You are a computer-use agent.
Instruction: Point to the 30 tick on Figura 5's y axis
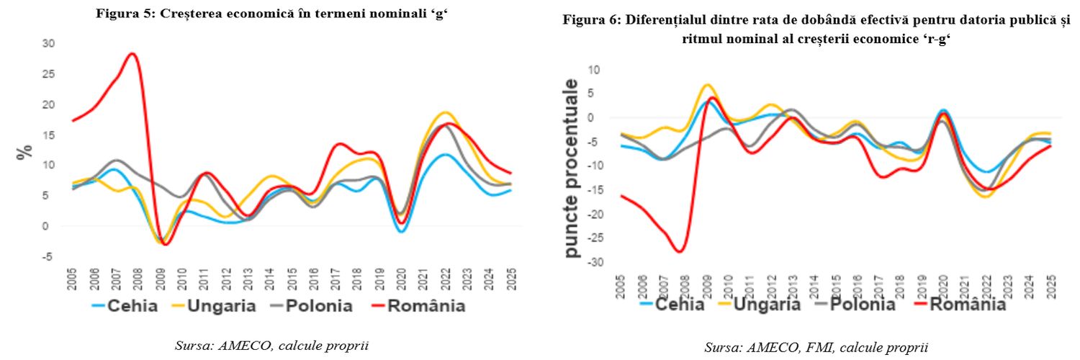point(49,43)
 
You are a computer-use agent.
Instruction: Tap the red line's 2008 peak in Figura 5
point(132,53)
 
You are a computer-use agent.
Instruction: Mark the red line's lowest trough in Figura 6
point(679,251)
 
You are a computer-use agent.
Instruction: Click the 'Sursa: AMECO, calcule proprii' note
point(272,346)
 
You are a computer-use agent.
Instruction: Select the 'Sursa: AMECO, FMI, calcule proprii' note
point(816,348)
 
